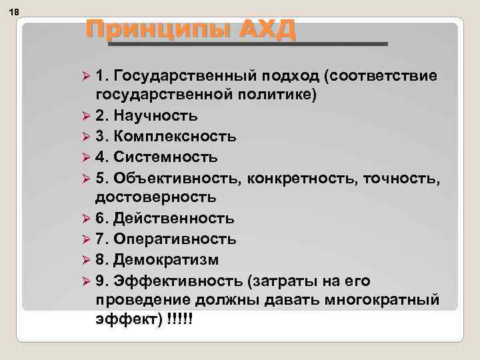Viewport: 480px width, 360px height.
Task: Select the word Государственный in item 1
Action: click(x=179, y=76)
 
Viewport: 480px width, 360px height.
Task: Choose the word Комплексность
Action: click(x=174, y=137)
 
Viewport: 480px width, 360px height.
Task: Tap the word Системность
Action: click(x=165, y=157)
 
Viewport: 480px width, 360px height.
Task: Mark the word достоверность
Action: click(x=155, y=197)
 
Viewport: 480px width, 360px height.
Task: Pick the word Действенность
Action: click(x=173, y=219)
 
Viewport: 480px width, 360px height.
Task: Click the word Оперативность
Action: click(x=175, y=239)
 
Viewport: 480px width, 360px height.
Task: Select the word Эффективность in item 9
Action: click(x=177, y=279)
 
